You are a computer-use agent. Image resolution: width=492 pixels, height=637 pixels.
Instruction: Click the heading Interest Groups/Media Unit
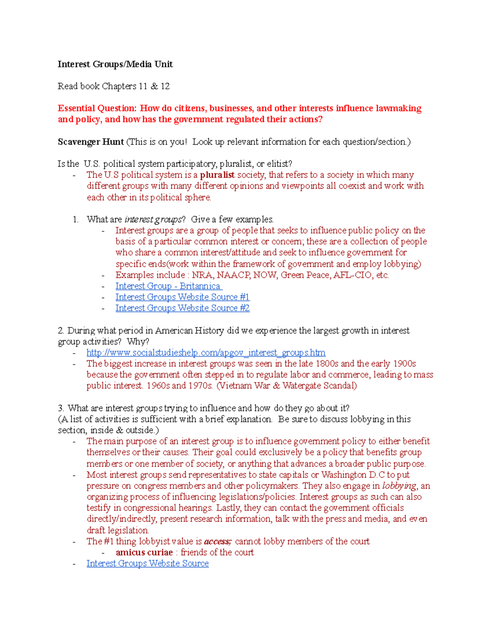115,64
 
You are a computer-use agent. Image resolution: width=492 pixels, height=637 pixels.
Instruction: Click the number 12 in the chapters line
165,86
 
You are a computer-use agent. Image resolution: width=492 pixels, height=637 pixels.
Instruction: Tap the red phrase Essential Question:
97,108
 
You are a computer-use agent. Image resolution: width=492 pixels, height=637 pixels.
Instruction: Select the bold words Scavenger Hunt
91,142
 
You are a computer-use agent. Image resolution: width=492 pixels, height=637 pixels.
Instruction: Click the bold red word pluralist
217,175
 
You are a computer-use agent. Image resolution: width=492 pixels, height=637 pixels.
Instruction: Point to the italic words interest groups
153,219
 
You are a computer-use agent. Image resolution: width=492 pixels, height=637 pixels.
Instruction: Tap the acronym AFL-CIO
353,275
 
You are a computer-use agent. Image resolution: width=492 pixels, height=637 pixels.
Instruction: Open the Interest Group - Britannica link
168,286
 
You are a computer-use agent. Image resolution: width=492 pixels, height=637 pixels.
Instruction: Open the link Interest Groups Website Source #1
182,297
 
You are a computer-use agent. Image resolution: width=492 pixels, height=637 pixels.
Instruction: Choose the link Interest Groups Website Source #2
182,308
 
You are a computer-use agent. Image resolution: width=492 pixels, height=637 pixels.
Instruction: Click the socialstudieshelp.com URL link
206,353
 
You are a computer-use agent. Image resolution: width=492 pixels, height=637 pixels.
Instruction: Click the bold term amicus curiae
144,553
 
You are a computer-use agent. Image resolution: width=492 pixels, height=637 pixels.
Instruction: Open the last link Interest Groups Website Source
148,564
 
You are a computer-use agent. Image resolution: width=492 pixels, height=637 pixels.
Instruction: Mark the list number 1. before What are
75,219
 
